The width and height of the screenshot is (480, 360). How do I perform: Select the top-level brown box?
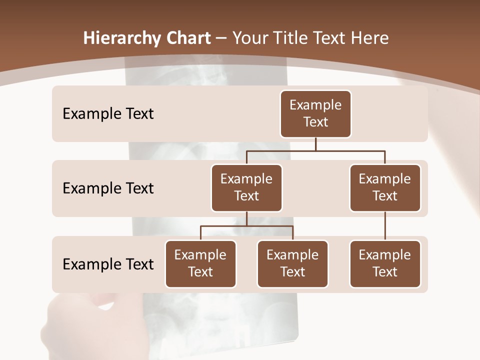pyautogui.click(x=315, y=113)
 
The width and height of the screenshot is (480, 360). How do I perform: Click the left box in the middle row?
pyautogui.click(x=246, y=187)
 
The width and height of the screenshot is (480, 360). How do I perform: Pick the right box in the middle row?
pyautogui.click(x=384, y=187)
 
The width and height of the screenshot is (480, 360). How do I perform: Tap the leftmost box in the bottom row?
pyautogui.click(x=200, y=263)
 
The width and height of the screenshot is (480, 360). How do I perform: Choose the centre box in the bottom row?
pyautogui.click(x=292, y=263)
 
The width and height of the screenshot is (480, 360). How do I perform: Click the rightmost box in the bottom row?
pyautogui.click(x=384, y=263)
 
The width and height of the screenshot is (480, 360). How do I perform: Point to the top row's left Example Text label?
pyautogui.click(x=108, y=114)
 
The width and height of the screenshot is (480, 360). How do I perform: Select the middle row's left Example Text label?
pyautogui.click(x=108, y=188)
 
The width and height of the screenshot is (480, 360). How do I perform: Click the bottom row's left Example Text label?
pyautogui.click(x=108, y=264)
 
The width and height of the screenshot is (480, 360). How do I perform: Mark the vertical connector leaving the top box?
pyautogui.click(x=315, y=144)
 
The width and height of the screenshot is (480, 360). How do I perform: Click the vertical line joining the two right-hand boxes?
pyautogui.click(x=384, y=226)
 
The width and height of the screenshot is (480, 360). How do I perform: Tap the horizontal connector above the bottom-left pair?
pyautogui.click(x=246, y=226)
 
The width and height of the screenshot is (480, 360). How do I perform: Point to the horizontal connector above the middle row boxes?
pyautogui.click(x=315, y=150)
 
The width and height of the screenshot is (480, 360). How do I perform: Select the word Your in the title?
pyautogui.click(x=248, y=38)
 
